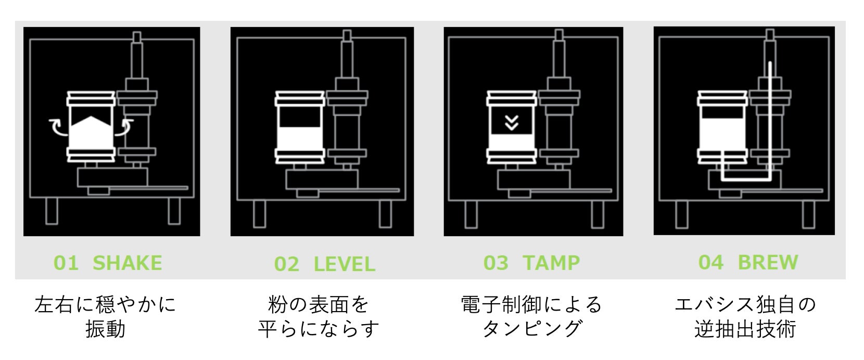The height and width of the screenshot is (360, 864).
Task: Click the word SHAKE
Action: coord(127,263)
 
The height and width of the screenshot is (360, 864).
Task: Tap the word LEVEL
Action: coord(344,264)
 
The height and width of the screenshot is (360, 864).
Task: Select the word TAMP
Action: coord(551,263)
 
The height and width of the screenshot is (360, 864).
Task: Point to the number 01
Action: coord(66,263)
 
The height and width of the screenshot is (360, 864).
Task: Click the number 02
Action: coord(287,264)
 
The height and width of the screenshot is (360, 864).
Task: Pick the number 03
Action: coord(495,263)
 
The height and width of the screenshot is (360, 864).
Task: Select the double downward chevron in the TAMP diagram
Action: coord(512,123)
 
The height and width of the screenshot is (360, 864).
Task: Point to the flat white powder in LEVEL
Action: coord(299,139)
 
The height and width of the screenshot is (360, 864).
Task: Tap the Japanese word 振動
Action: coord(105,329)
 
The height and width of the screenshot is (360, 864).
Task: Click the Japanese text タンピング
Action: coord(531,329)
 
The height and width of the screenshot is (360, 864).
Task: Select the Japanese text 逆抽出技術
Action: coord(745,329)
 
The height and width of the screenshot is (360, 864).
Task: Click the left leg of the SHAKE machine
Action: coord(52,211)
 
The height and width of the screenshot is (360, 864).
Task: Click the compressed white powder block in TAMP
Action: coord(512,142)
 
